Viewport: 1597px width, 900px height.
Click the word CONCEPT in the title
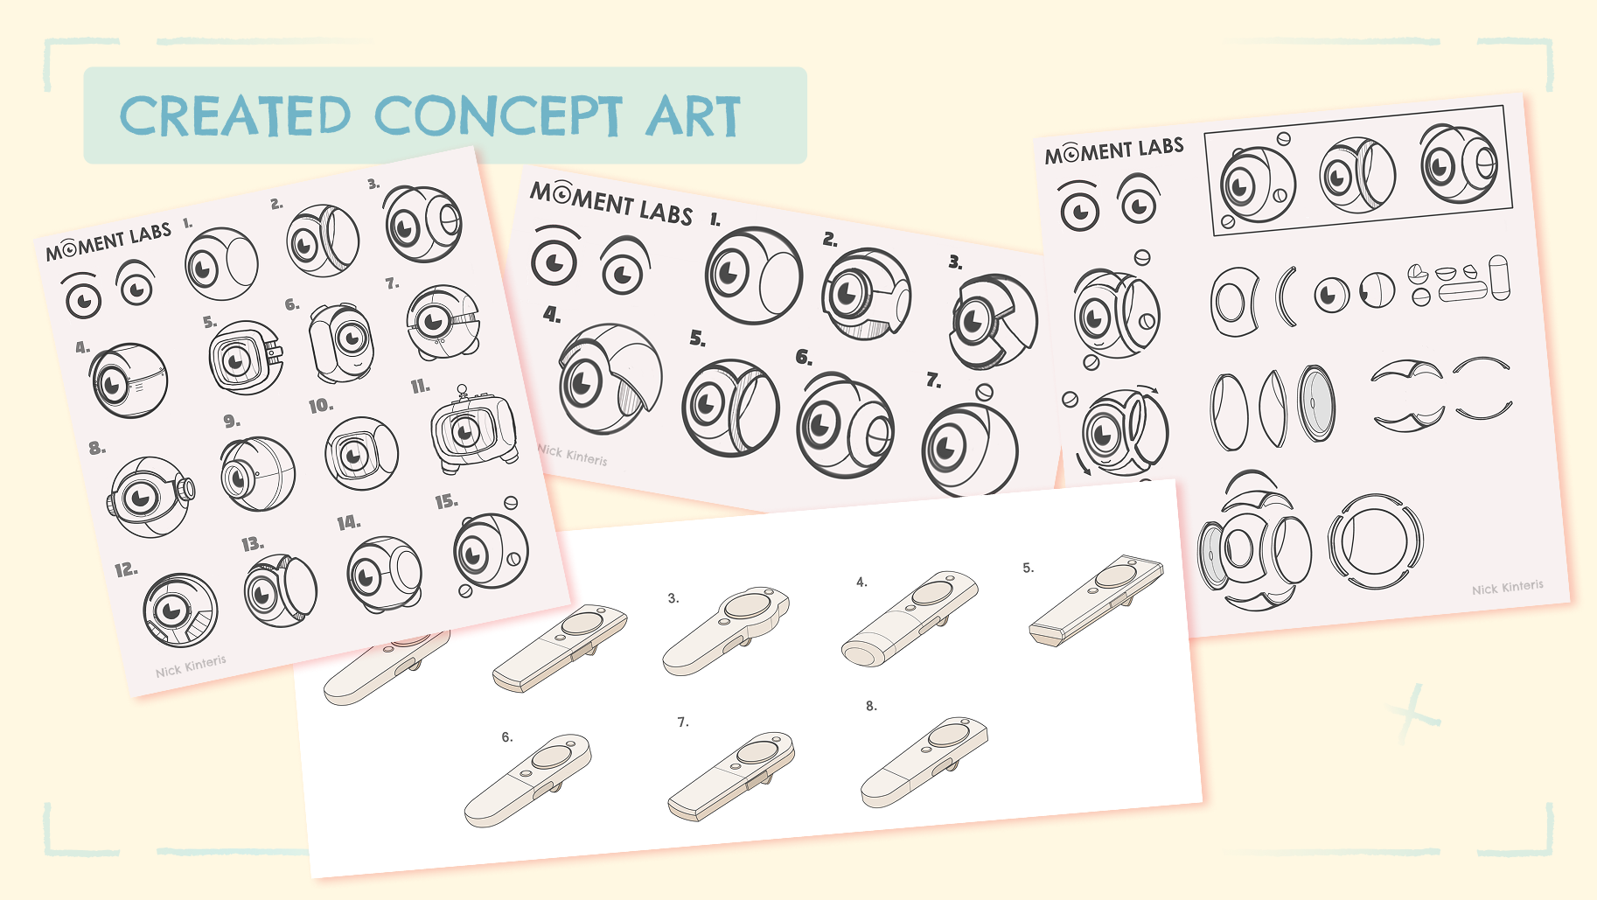tap(499, 116)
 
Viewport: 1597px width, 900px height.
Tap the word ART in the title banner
tap(694, 117)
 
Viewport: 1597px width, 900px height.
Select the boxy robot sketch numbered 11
tap(473, 429)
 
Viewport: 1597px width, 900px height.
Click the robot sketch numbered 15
tap(490, 548)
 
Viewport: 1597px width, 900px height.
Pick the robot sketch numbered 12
tap(180, 610)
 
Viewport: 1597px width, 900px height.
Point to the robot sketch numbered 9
tap(257, 474)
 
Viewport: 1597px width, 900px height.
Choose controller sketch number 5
tap(1097, 599)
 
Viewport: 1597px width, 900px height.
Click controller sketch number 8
tap(924, 762)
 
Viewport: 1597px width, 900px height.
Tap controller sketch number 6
tap(528, 780)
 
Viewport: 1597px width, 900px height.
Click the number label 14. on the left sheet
tap(348, 523)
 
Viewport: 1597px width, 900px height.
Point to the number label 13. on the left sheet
tap(253, 544)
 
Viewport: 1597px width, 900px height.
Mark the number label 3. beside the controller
tap(673, 598)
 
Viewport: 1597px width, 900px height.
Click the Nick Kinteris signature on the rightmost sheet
tap(1507, 587)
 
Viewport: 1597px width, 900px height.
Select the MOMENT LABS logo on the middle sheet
tap(611, 202)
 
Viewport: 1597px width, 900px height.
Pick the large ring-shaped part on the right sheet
tap(1375, 541)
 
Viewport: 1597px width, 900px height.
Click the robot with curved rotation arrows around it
tap(1119, 430)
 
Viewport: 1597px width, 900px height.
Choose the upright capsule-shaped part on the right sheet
tap(1499, 277)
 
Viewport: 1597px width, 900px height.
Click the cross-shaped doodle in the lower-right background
tap(1411, 713)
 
